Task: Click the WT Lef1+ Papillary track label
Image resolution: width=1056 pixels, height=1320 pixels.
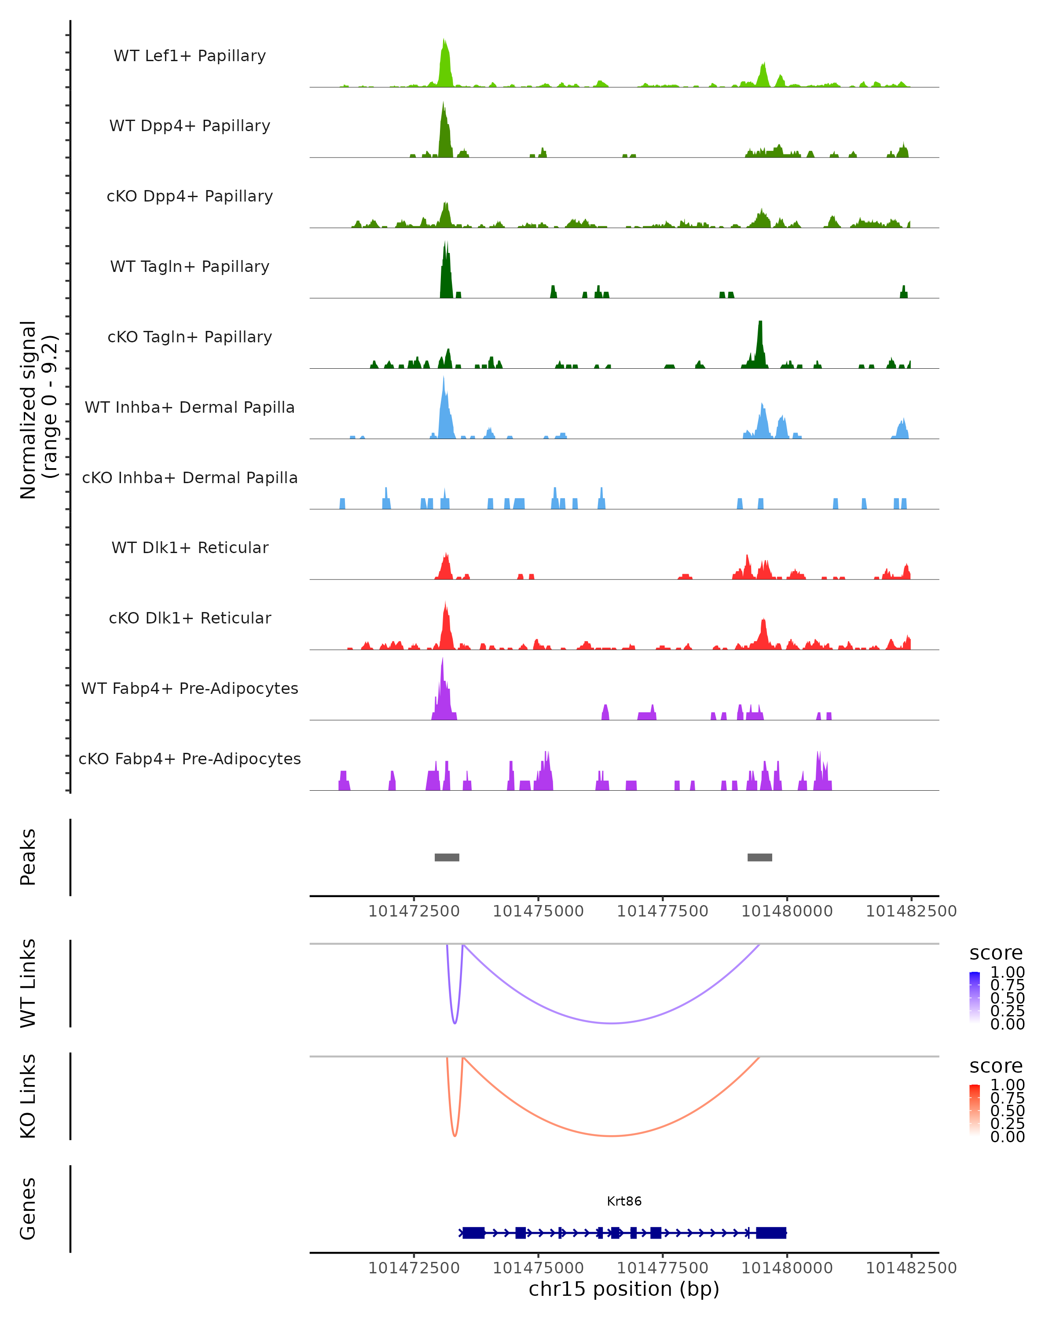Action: (x=190, y=56)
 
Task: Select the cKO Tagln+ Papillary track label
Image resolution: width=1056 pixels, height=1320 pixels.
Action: (x=190, y=337)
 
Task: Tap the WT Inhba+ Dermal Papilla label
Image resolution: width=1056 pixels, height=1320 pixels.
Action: (x=190, y=407)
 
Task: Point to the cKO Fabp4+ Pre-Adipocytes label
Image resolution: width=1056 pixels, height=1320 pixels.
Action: (x=190, y=759)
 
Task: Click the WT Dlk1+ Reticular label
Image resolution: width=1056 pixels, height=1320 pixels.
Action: (x=190, y=547)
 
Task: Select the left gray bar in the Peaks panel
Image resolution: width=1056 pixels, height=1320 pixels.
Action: (x=447, y=857)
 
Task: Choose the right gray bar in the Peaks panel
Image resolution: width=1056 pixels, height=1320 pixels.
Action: (x=760, y=857)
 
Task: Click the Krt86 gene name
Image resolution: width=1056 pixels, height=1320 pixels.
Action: (x=624, y=1201)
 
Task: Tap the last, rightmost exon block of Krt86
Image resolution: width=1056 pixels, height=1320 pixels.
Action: (x=771, y=1232)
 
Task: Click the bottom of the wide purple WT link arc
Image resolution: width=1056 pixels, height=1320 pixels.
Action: (x=612, y=1023)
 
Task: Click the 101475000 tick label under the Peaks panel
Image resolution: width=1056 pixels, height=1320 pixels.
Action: (x=538, y=911)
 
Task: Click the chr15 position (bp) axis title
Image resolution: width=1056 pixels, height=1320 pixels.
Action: (x=624, y=1289)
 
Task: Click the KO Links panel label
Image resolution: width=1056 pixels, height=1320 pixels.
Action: (x=28, y=1096)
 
